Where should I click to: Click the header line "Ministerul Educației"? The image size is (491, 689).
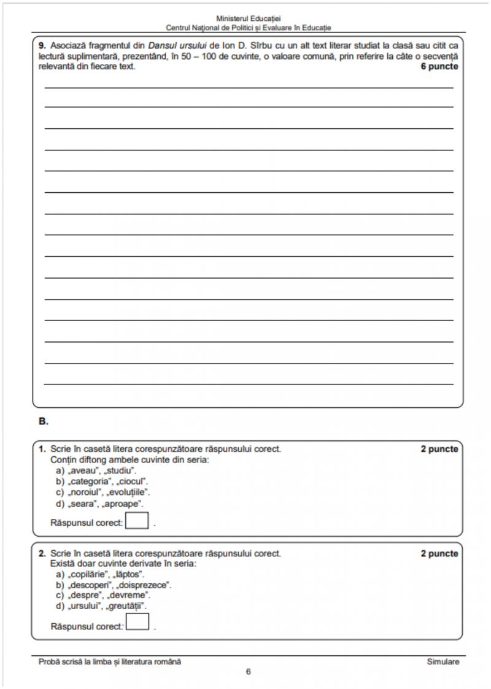pyautogui.click(x=249, y=19)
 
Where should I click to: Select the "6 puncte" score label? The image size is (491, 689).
pyautogui.click(x=439, y=66)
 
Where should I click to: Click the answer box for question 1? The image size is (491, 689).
pyautogui.click(x=137, y=521)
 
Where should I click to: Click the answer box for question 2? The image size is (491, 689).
pyautogui.click(x=137, y=623)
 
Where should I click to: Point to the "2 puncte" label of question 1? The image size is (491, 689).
pyautogui.click(x=439, y=449)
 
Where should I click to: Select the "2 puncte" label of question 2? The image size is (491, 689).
pyautogui.click(x=439, y=553)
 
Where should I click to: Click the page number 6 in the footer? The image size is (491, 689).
pyautogui.click(x=248, y=672)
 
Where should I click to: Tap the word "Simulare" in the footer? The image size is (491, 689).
pyautogui.click(x=443, y=661)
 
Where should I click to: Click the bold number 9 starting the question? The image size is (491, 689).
pyautogui.click(x=42, y=45)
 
